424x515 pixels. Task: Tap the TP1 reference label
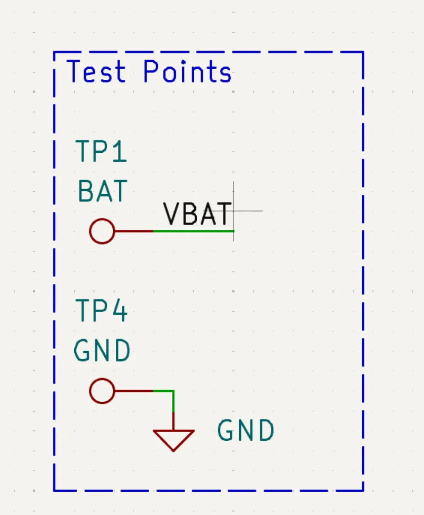(x=101, y=151)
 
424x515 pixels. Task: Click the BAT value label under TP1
(x=103, y=191)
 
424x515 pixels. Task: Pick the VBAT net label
(x=198, y=214)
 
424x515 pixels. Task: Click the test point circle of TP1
(x=102, y=231)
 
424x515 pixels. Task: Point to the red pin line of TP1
(x=134, y=231)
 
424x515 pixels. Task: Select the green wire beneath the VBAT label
(x=193, y=231)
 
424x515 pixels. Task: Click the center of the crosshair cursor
(x=234, y=211)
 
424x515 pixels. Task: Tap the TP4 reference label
(x=101, y=311)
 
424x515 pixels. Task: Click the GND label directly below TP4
(x=102, y=351)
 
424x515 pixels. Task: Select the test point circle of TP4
(x=102, y=391)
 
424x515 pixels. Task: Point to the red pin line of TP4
(x=134, y=391)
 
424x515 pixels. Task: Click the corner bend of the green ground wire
(x=173, y=391)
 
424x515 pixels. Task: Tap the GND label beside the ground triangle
(x=246, y=431)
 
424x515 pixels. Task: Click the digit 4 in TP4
(x=119, y=311)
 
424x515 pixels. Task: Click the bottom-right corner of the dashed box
(x=363, y=491)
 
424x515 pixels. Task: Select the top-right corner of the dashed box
(x=363, y=52)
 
